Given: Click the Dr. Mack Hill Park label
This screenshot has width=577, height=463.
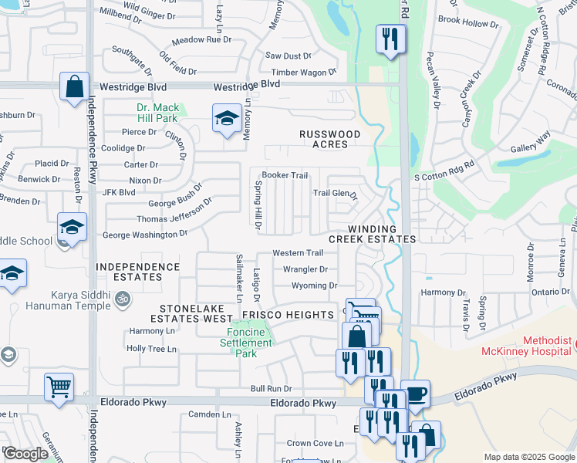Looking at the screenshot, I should (157, 113).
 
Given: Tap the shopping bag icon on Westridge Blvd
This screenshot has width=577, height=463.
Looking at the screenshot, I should (75, 88).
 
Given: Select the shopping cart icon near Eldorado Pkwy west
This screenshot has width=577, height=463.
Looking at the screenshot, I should (59, 388).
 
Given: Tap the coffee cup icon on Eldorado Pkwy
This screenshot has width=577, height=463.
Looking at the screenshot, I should (416, 394).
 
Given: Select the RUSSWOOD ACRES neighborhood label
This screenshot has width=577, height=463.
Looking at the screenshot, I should (330, 140).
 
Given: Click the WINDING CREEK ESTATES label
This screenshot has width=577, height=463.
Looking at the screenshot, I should (372, 235).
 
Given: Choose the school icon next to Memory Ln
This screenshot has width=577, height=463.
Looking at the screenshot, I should (227, 118).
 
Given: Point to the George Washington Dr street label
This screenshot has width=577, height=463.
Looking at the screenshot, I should (145, 234).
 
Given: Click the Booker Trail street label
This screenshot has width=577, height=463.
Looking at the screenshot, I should (285, 175).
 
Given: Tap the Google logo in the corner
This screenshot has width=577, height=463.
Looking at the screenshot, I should (26, 454).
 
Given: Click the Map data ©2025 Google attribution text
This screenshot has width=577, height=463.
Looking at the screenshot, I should (528, 457).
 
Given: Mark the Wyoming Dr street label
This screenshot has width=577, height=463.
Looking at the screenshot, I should (315, 286).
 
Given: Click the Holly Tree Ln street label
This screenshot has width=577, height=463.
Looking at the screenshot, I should (152, 349).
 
